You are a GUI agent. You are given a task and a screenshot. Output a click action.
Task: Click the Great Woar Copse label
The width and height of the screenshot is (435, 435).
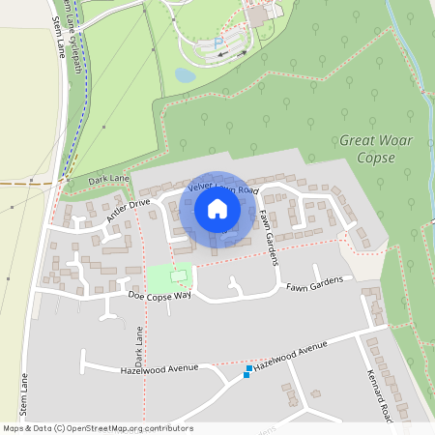[x=376, y=148]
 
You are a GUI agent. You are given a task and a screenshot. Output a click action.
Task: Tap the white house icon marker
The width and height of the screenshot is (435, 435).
[x=217, y=208]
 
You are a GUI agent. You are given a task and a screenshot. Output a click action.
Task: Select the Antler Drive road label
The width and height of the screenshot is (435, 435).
[x=129, y=211]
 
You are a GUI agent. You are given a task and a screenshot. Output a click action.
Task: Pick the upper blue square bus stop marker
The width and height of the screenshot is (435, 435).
[x=249, y=368]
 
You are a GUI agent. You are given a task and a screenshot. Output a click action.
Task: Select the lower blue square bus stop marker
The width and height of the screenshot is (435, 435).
[x=246, y=375]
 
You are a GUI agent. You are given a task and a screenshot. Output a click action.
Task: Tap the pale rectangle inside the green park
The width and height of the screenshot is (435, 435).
[x=177, y=275]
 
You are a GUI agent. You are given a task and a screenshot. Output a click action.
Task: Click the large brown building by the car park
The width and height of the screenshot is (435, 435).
[x=256, y=16]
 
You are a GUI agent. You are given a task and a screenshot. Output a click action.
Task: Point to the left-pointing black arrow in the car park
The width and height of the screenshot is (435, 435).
[x=224, y=55]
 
